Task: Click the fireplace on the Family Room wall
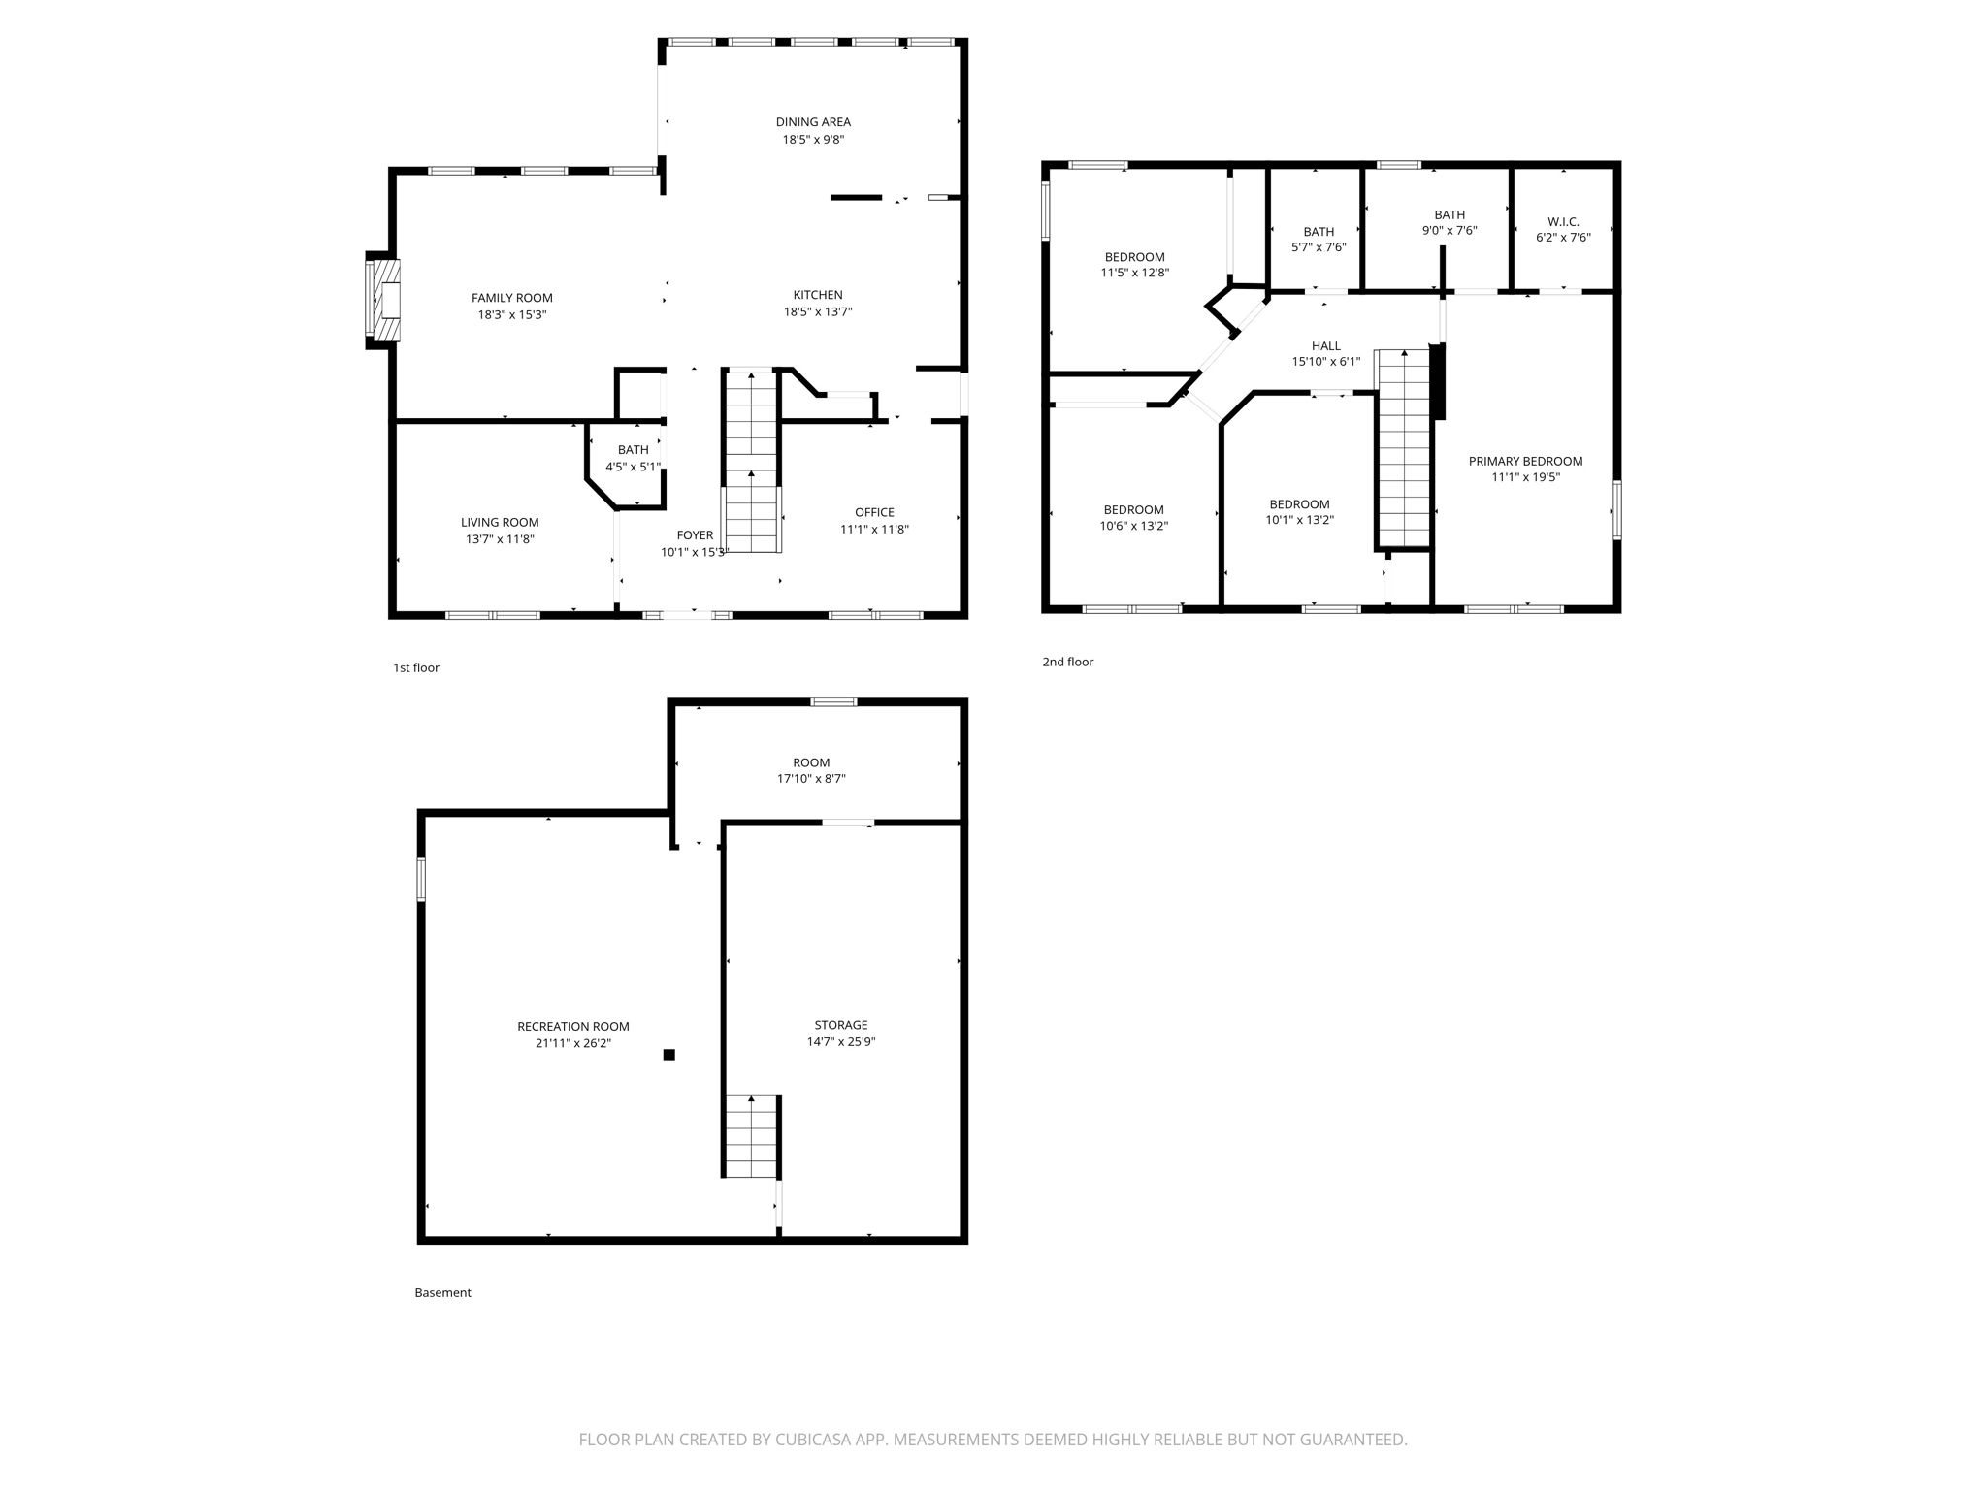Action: tap(383, 300)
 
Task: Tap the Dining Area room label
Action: tap(813, 122)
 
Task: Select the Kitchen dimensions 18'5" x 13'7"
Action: tap(818, 312)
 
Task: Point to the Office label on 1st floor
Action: tap(874, 512)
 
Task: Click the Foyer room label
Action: tap(695, 535)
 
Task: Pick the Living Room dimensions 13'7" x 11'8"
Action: tap(500, 539)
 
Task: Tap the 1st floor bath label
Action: tap(634, 450)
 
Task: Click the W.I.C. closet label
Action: tap(1563, 222)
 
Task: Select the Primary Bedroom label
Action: tap(1525, 462)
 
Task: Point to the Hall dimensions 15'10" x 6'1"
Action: tap(1325, 362)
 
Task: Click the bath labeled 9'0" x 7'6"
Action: tap(1450, 223)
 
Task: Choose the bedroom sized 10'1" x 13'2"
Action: tap(1299, 512)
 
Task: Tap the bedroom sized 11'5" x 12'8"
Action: tap(1134, 265)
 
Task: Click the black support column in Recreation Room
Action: tap(668, 1054)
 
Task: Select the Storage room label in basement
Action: tap(841, 1025)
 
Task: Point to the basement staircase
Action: tap(751, 1136)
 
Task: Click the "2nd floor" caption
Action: tap(1067, 662)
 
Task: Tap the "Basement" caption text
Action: tap(442, 1292)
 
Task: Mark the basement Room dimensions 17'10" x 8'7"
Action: tap(811, 779)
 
